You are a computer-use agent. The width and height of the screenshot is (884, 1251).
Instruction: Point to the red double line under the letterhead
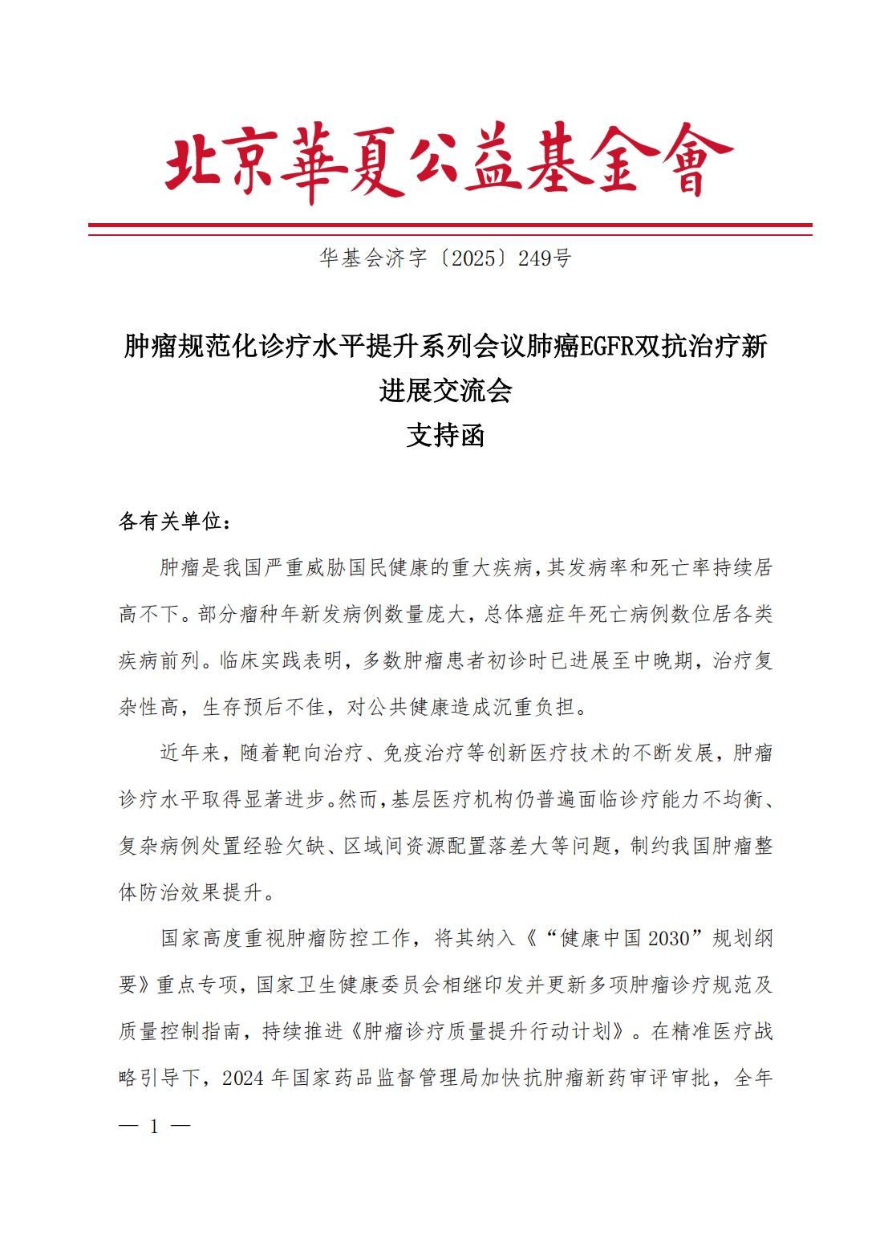coord(449,229)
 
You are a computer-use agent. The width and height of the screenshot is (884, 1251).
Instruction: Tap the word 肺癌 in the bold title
coord(557,348)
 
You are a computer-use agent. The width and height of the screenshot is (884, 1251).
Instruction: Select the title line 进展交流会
coord(445,392)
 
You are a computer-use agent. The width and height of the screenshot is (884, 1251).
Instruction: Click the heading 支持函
coord(445,436)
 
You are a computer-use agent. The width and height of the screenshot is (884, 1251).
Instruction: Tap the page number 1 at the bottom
coord(154,1127)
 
